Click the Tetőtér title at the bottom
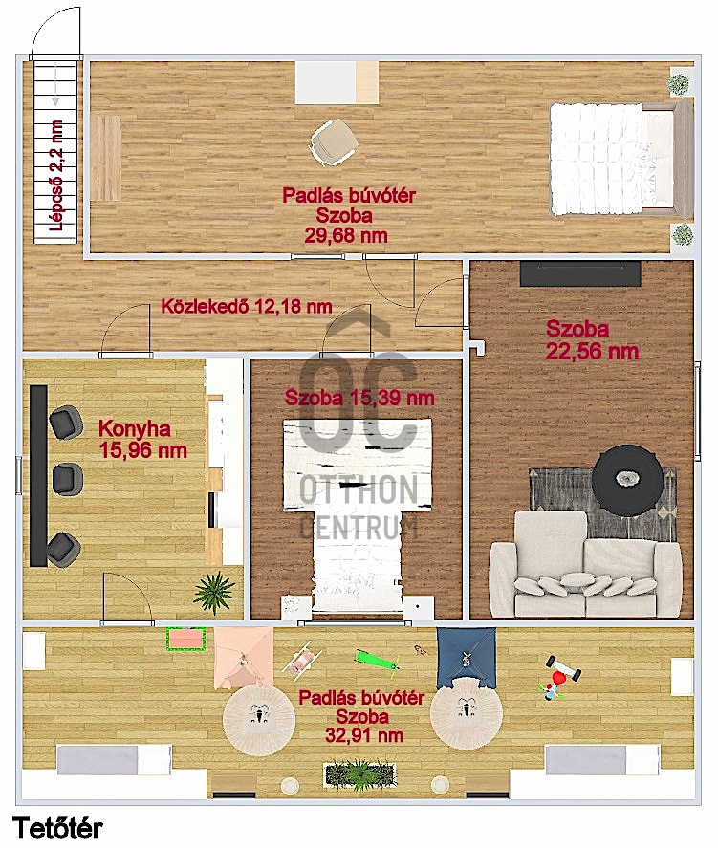click(56, 828)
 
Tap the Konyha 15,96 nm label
click(142, 439)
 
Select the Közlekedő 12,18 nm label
click(247, 307)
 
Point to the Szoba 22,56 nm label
click(592, 340)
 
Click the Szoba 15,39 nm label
click(359, 398)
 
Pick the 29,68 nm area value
click(346, 236)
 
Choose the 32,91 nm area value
click(364, 735)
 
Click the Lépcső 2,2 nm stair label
click(56, 176)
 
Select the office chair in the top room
click(333, 141)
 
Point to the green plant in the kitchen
click(215, 591)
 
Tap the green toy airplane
click(378, 662)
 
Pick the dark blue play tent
click(466, 658)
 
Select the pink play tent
click(244, 658)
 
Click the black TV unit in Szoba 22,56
click(580, 273)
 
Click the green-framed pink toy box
click(187, 639)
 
